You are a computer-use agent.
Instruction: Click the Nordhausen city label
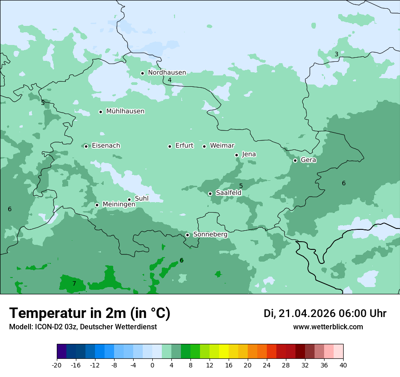(167, 73)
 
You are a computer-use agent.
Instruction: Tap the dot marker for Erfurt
(170, 146)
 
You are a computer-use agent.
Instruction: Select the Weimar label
(222, 146)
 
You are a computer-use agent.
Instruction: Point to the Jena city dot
(236, 155)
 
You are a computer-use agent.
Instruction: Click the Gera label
(308, 160)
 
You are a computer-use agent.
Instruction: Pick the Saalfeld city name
(228, 193)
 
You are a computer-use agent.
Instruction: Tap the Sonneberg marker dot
(187, 235)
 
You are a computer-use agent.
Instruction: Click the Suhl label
(142, 198)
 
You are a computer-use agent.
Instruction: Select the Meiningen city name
(119, 205)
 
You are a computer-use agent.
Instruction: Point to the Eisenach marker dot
(86, 146)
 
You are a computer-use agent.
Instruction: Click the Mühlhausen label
(125, 111)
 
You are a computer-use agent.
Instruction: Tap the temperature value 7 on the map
(74, 284)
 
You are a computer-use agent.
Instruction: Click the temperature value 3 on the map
(336, 55)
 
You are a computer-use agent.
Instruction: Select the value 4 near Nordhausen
(170, 80)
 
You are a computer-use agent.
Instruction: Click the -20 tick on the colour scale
(57, 365)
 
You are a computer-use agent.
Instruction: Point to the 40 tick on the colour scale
(343, 365)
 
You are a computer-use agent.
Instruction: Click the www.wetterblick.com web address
(328, 327)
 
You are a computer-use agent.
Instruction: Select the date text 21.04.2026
(307, 313)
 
